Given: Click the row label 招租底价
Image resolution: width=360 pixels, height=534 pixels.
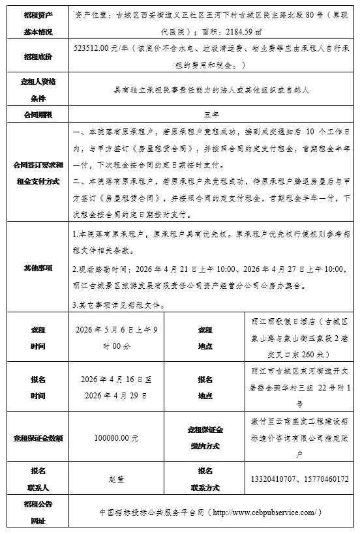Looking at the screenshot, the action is (37, 56).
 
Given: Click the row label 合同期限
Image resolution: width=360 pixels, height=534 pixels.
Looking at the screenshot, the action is (37, 113).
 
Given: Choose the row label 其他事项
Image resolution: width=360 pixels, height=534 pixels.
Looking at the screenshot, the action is (37, 267).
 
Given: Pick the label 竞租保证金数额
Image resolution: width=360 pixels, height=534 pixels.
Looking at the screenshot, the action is (37, 438).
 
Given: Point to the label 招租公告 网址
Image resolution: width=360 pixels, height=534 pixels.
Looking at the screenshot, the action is (37, 512).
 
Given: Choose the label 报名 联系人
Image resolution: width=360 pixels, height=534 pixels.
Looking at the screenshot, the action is (37, 479).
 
